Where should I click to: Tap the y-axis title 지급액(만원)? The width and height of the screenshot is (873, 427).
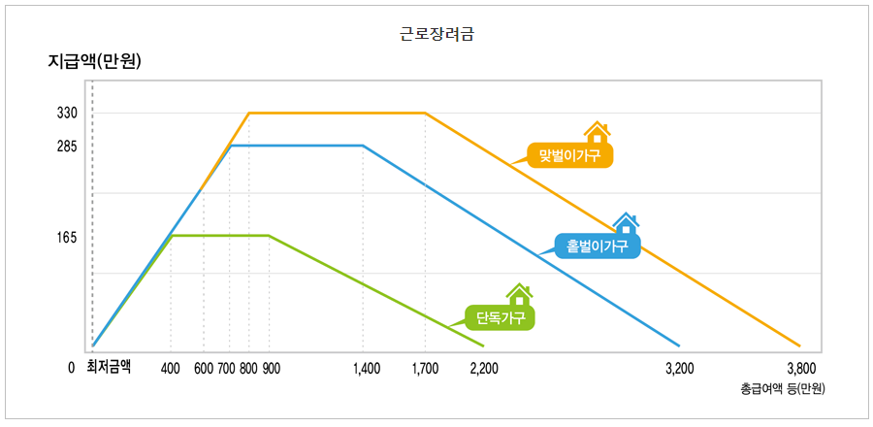(95, 62)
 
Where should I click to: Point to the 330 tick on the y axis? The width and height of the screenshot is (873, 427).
(67, 114)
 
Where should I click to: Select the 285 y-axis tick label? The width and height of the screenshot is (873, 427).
(67, 147)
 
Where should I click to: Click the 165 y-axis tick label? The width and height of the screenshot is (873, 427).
(67, 237)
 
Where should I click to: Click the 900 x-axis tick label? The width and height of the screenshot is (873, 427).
(271, 368)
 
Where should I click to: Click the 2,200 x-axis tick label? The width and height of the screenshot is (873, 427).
(484, 368)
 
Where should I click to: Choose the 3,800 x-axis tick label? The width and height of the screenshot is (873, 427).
(801, 368)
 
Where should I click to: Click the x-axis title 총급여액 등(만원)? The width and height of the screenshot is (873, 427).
(782, 388)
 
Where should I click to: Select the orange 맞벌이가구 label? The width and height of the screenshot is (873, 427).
(570, 155)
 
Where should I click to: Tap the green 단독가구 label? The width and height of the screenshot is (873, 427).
(500, 317)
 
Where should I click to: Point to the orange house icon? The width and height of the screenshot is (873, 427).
(597, 132)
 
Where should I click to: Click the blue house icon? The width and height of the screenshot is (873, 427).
(626, 223)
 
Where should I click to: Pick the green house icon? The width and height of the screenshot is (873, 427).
(520, 293)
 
